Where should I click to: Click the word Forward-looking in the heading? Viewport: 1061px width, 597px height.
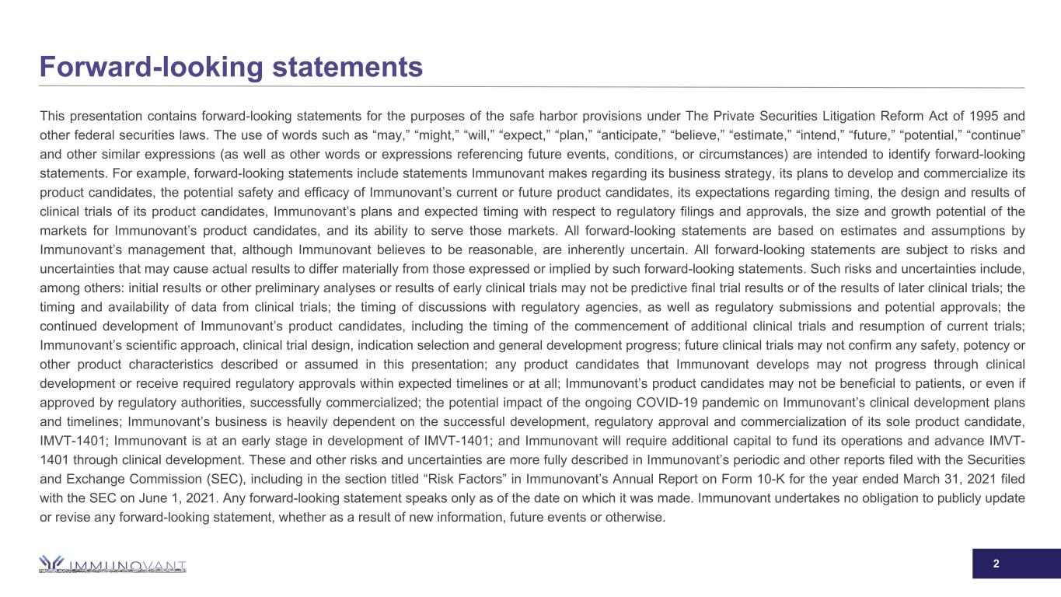(147, 67)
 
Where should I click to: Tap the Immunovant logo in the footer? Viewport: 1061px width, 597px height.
(113, 564)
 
